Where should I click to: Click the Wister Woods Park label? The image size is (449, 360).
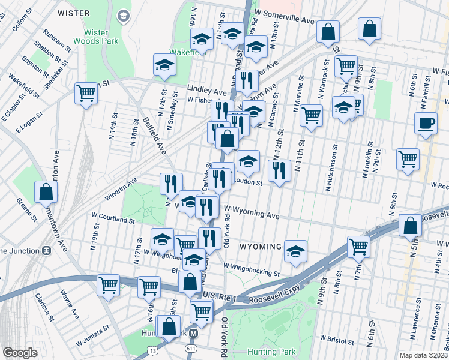pyautogui.click(x=97, y=36)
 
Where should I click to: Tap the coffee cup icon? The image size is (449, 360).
pyautogui.click(x=426, y=123)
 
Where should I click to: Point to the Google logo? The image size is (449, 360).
pyautogui.click(x=20, y=353)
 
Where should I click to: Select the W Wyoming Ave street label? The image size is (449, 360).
pyautogui.click(x=252, y=215)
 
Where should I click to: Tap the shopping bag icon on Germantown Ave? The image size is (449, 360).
pyautogui.click(x=46, y=193)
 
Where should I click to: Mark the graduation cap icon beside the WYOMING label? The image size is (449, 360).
pyautogui.click(x=295, y=252)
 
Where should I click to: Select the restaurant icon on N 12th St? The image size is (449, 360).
pyautogui.click(x=279, y=170)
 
